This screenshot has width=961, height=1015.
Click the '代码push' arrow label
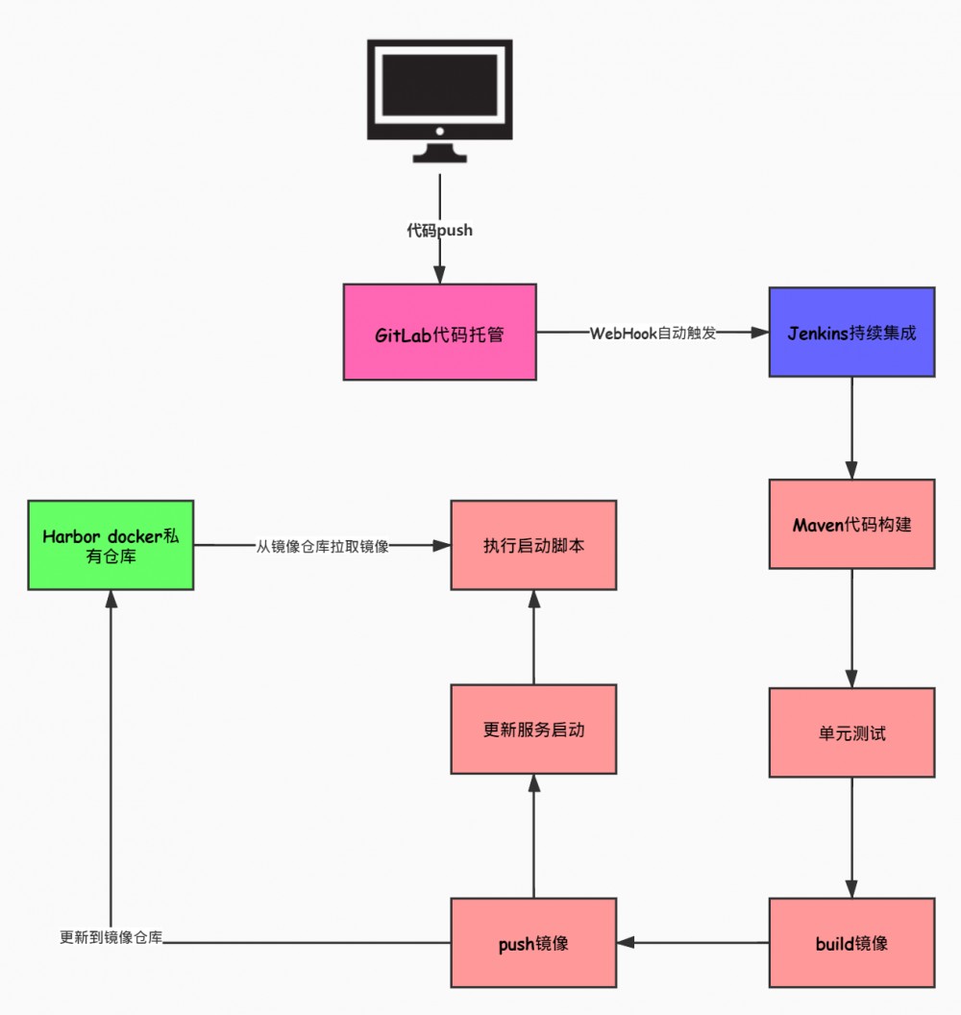[x=439, y=231]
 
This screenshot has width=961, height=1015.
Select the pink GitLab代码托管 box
[x=439, y=333]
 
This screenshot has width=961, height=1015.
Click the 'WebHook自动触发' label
[x=653, y=334]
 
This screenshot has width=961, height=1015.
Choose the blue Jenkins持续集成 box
[x=851, y=333]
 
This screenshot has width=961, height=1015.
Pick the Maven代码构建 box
[x=851, y=524]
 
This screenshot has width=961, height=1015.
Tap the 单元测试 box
[x=851, y=732]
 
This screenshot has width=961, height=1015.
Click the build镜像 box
[x=851, y=943]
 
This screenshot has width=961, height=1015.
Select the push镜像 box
[x=533, y=943]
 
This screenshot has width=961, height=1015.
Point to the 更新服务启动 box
[x=533, y=730]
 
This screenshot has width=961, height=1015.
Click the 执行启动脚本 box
[x=533, y=545]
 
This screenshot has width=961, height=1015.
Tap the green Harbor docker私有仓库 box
[x=111, y=545]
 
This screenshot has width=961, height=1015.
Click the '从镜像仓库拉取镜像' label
[x=322, y=546]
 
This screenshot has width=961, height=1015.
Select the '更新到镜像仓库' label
[x=111, y=938]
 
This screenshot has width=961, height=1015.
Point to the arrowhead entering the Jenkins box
[x=759, y=334]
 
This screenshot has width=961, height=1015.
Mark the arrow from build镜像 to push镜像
[x=692, y=943]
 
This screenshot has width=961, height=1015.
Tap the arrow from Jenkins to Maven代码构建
[x=851, y=428]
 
